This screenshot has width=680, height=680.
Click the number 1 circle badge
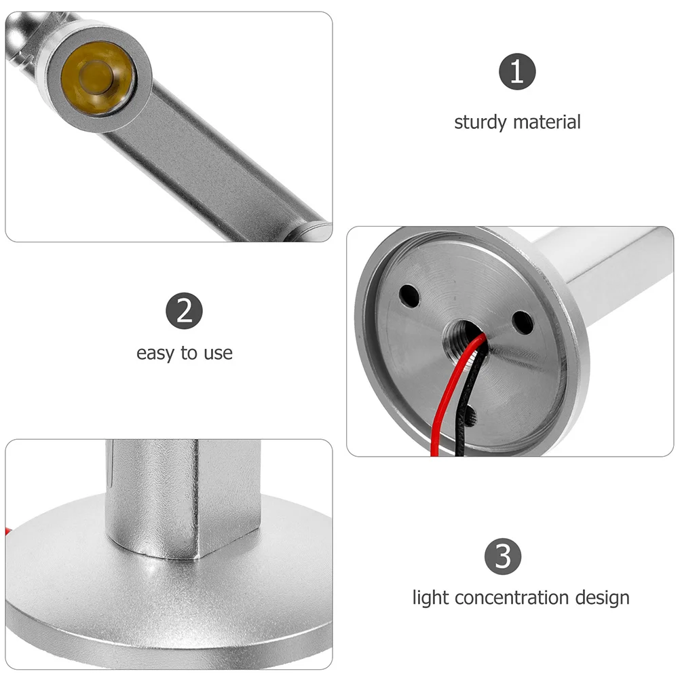click(517, 71)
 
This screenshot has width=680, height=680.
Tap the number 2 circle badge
click(184, 311)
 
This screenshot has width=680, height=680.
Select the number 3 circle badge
click(503, 556)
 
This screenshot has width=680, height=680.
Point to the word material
click(547, 123)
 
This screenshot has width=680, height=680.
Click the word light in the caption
click(431, 598)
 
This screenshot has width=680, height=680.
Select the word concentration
click(511, 598)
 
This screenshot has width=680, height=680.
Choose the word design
click(601, 598)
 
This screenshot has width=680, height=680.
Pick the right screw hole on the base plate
click(521, 321)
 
